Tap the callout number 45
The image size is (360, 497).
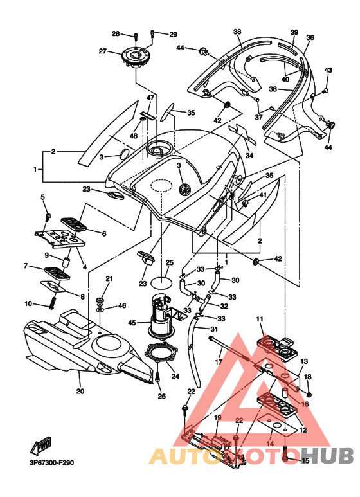tap(132, 323)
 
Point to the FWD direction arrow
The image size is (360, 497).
tap(41, 445)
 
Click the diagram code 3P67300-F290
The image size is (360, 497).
tap(51, 463)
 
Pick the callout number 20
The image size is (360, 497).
tap(80, 391)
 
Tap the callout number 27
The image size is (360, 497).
tap(102, 51)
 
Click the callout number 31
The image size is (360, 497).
tap(214, 329)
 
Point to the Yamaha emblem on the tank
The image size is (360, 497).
tap(184, 189)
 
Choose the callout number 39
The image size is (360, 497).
tap(294, 32)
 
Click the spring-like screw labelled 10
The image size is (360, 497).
tap(53, 300)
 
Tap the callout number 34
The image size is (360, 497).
tap(249, 156)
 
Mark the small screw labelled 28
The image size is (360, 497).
tap(136, 37)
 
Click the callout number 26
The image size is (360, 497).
tap(161, 396)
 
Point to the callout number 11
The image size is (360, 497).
tap(260, 319)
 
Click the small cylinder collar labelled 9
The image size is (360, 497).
tap(66, 262)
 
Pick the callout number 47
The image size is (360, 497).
tap(150, 98)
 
